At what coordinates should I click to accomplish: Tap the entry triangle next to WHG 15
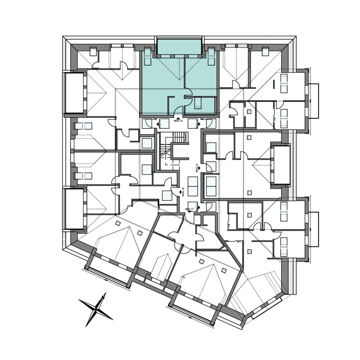pyautogui.click(x=199, y=169)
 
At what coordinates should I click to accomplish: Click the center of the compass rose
pyautogui.click(x=96, y=308)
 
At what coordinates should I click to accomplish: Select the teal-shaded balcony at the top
pyautogui.click(x=179, y=47)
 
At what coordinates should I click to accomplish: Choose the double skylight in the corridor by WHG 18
pyautogui.click(x=193, y=186)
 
